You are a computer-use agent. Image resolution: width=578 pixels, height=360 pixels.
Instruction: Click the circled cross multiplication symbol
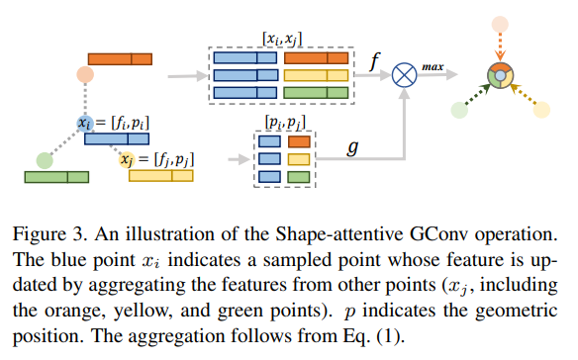pos(404,75)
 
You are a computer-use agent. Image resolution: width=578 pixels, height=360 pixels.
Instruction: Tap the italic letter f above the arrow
pos(374,61)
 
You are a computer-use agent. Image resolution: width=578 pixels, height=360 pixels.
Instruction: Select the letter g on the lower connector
pos(352,148)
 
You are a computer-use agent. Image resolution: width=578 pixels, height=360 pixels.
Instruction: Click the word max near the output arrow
pos(433,66)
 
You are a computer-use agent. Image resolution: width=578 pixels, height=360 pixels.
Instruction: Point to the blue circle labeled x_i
pos(85,123)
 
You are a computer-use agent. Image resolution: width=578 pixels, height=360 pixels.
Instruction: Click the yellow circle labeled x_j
pos(127,160)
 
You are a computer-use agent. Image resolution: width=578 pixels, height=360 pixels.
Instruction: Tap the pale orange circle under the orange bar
pos(85,74)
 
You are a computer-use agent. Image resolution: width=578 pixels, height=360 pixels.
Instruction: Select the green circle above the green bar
pos(45,160)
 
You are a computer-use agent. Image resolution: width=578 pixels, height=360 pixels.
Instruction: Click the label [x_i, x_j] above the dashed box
pos(282,39)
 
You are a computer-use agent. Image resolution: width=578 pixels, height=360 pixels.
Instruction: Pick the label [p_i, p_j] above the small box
pos(285,123)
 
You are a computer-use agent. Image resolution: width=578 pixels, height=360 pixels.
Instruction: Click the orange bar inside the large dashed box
pos(317,57)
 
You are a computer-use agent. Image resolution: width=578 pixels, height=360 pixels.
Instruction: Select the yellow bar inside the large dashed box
pos(317,75)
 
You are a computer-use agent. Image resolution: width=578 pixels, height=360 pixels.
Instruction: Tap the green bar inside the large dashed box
pos(317,93)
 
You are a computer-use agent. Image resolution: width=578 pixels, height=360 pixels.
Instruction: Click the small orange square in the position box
pos(299,141)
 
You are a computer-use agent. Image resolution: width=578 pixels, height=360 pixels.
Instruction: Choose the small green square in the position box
pos(299,177)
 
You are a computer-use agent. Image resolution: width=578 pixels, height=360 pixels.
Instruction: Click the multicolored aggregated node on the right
pos(500,75)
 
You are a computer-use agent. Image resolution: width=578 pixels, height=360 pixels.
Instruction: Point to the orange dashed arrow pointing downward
pos(500,46)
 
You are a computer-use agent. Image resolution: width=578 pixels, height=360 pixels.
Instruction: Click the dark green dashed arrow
pos(478,94)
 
